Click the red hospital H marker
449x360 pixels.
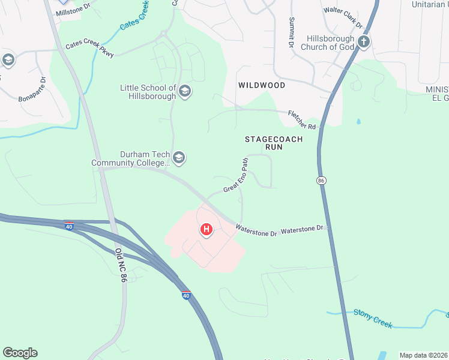pyautogui.click(x=206, y=229)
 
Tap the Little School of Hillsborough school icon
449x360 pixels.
pyautogui.click(x=185, y=91)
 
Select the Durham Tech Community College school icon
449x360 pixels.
pyautogui.click(x=178, y=158)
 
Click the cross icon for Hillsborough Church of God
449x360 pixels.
pyautogui.click(x=363, y=42)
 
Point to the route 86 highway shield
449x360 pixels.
pyautogui.click(x=321, y=179)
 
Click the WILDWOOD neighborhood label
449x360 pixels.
pyautogui.click(x=261, y=85)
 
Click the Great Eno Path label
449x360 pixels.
pyautogui.click(x=236, y=176)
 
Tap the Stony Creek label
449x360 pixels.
pyautogui.click(x=373, y=319)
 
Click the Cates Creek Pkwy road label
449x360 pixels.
pyautogui.click(x=90, y=46)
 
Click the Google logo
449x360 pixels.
pyautogui.click(x=20, y=353)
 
